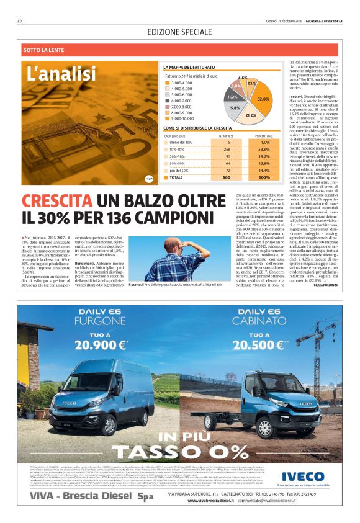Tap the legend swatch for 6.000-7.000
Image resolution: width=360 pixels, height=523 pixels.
(167, 100)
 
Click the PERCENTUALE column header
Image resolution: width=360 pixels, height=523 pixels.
(263, 135)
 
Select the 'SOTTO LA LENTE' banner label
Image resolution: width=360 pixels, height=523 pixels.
(44, 49)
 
